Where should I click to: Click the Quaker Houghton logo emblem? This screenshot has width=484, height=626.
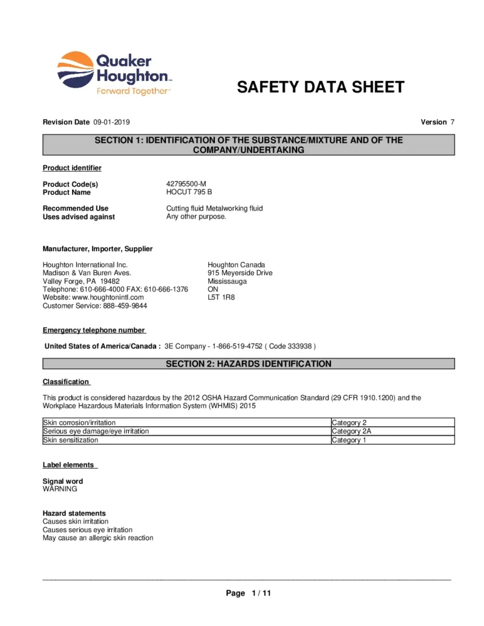coord(75,68)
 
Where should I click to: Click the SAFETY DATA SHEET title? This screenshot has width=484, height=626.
coord(320,87)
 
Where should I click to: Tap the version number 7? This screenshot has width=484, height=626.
coord(452,122)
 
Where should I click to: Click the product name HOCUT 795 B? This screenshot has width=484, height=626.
coord(189,192)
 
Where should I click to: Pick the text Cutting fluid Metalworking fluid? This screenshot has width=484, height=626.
coord(214,208)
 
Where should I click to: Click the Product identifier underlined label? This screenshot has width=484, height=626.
coord(72,168)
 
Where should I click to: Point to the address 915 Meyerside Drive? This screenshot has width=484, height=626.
coord(240,273)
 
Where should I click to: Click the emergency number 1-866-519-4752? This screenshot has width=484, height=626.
coord(237,346)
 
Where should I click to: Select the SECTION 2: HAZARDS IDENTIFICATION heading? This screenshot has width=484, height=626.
coord(248,364)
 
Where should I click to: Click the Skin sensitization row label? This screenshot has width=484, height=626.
coord(70,440)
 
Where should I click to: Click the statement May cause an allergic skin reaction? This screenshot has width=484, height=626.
coord(97,538)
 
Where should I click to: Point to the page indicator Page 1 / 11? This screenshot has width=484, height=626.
coord(248,593)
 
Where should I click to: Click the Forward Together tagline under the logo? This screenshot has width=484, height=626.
coord(133,91)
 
